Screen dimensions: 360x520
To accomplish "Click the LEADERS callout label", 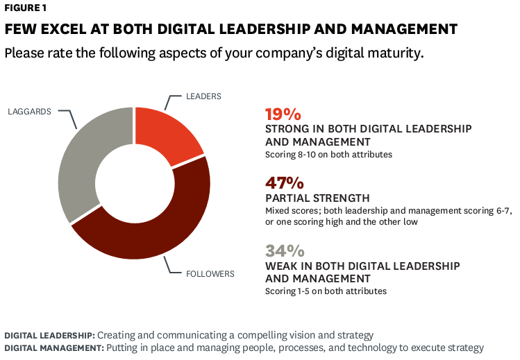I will coord(204,96).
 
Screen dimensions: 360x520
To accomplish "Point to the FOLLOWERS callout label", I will coord(210,273).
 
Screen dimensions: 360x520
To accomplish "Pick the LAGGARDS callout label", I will coord(29,111).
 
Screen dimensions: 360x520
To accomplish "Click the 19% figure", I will coord(284,114).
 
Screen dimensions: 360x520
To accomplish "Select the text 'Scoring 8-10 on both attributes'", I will coord(328,154).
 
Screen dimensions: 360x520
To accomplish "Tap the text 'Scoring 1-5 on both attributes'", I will coord(326,291).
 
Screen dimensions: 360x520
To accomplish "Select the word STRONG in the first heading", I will coord(287,129).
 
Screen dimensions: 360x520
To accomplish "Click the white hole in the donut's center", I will coord(134,182).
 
